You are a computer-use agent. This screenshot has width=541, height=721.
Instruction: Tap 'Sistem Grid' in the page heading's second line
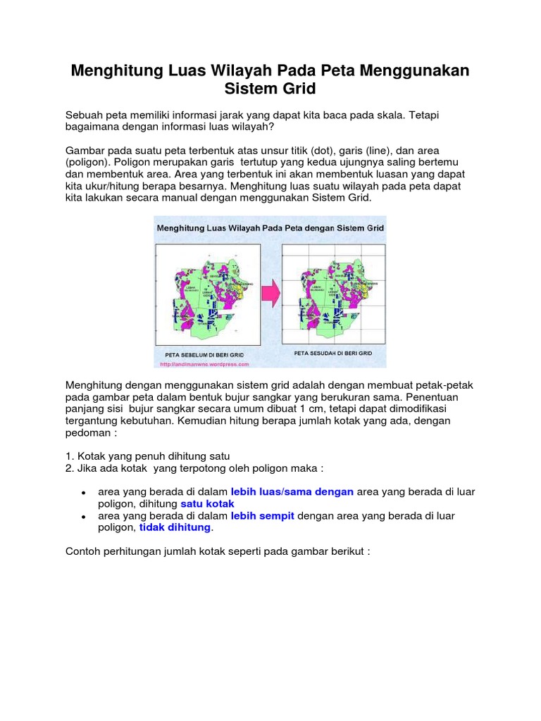(270, 89)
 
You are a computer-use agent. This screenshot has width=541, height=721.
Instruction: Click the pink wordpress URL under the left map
(204, 365)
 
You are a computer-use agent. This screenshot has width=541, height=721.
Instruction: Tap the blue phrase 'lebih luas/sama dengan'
(292, 491)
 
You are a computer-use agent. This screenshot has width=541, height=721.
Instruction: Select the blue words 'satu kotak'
(207, 504)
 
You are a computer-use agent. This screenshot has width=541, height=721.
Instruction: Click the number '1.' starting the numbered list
(69, 456)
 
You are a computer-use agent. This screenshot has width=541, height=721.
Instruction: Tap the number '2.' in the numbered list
(69, 468)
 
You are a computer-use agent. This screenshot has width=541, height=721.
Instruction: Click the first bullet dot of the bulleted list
(84, 493)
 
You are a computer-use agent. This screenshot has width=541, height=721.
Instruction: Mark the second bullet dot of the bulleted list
(84, 517)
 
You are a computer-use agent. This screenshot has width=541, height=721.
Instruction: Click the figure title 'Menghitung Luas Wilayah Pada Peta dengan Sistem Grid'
(270, 229)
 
